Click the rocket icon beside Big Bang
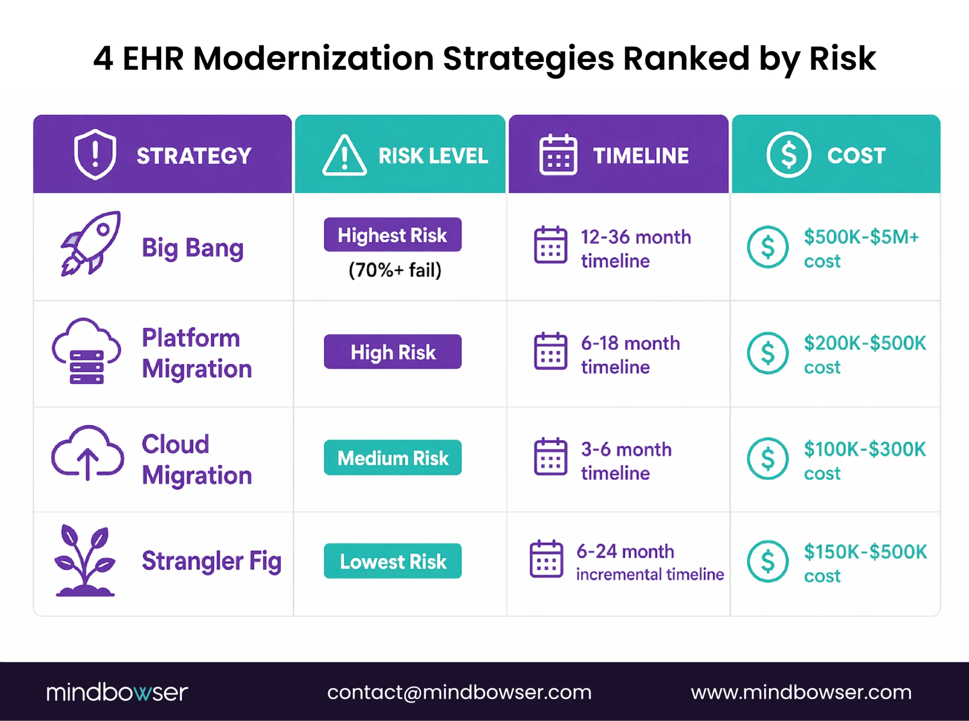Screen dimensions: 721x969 (90, 243)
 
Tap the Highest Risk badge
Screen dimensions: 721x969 (392, 235)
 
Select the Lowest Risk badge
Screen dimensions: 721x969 (392, 561)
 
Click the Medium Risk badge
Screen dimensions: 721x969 (392, 458)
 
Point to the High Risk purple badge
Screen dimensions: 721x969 (392, 352)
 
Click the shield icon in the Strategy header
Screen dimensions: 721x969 (95, 154)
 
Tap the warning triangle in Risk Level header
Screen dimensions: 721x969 (344, 155)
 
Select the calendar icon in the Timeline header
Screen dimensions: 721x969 (558, 155)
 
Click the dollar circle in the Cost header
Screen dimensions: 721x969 (788, 155)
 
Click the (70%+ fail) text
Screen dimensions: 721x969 (395, 270)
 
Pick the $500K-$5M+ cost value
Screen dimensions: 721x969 (861, 248)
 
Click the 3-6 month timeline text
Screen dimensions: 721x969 (625, 461)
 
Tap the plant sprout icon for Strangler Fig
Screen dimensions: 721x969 (85, 561)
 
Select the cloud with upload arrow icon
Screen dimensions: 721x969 (87, 453)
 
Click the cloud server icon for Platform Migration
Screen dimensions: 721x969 (86, 351)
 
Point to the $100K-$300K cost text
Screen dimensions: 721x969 (864, 460)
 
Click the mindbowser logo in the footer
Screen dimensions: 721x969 (117, 692)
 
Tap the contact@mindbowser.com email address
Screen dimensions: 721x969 (459, 692)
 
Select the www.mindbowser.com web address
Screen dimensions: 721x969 (801, 692)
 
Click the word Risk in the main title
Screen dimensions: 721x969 (842, 59)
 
